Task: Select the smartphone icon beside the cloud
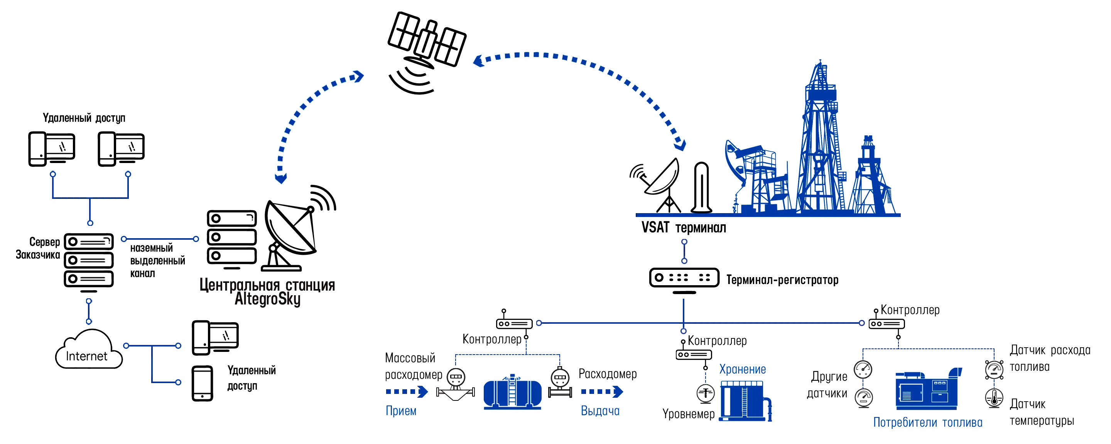point(202,384)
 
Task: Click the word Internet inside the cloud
point(87,357)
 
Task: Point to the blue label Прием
point(401,411)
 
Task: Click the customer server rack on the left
point(89,261)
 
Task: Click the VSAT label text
point(654,228)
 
